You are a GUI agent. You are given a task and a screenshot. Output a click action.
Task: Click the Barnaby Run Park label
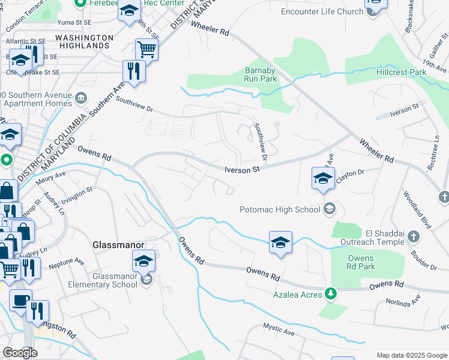click(x=261, y=74)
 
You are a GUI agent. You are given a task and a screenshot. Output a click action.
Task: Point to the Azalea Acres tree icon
click(x=330, y=293)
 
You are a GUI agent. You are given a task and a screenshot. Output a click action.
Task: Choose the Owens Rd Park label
click(x=361, y=263)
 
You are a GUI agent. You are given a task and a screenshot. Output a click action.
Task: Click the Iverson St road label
click(x=242, y=170)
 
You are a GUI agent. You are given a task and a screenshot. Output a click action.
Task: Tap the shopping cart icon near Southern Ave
click(x=146, y=49)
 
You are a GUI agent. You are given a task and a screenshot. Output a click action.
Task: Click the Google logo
click(x=20, y=353)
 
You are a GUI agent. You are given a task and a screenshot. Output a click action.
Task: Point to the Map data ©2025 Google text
click(x=412, y=355)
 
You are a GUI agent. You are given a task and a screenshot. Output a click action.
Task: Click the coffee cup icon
click(x=20, y=300)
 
